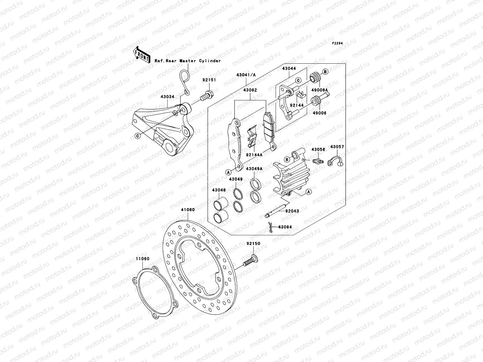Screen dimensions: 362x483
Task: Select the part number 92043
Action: pyautogui.click(x=292, y=211)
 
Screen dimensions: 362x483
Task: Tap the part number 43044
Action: pyautogui.click(x=289, y=69)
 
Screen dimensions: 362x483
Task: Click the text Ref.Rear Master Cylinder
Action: pyautogui.click(x=187, y=61)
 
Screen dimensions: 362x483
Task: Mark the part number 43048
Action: pyautogui.click(x=219, y=190)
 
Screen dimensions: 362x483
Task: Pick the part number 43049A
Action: pyautogui.click(x=254, y=169)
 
